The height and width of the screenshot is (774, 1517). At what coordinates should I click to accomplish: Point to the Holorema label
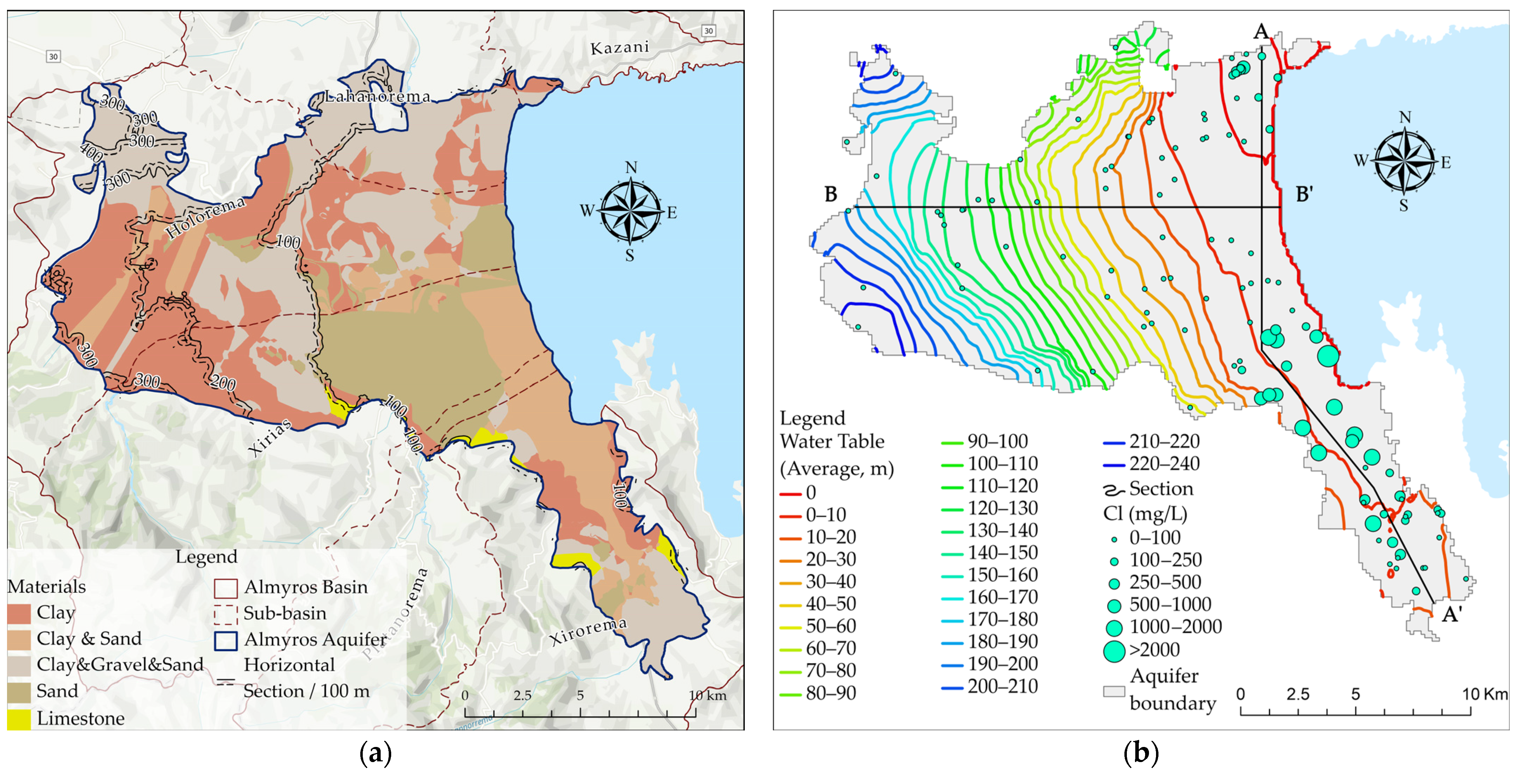coord(205,217)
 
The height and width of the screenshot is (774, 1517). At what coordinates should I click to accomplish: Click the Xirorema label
coord(588,631)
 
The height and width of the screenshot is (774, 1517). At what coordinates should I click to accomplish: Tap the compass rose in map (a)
coord(630,211)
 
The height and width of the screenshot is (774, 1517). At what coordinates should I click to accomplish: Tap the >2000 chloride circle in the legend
coord(1114,651)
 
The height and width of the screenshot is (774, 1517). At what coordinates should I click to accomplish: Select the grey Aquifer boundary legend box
coord(1114,691)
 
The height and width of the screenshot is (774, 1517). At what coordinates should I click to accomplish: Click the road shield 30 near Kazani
coord(708,31)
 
